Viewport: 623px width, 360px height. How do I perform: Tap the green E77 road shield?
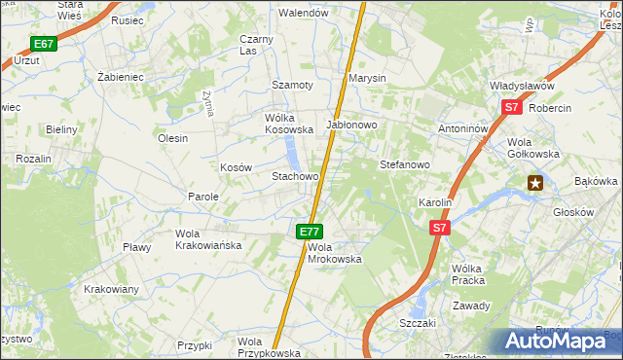pyautogui.click(x=310, y=232)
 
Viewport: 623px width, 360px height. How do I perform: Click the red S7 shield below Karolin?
pyautogui.click(x=440, y=228)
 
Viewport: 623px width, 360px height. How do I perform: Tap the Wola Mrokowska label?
pyautogui.click(x=334, y=253)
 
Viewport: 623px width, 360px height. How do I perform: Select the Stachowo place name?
pyautogui.click(x=295, y=176)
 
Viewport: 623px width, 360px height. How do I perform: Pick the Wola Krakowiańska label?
pyautogui.click(x=207, y=239)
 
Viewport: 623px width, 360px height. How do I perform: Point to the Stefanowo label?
pyautogui.click(x=404, y=164)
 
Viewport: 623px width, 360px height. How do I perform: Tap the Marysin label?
pyautogui.click(x=368, y=78)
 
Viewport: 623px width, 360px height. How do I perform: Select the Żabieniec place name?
pyautogui.click(x=122, y=75)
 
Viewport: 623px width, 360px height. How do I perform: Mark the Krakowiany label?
pyautogui.click(x=111, y=289)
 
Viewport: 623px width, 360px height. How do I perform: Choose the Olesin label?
pyautogui.click(x=172, y=138)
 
